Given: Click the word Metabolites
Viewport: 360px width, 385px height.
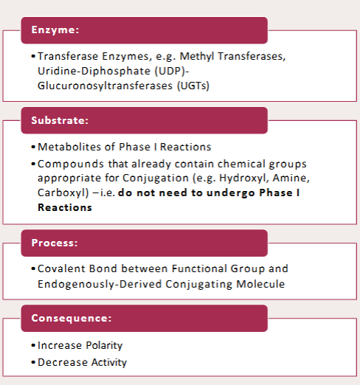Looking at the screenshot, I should tap(63, 147).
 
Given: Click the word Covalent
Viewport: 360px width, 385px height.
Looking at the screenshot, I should tap(59, 269).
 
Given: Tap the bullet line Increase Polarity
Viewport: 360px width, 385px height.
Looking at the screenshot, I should tap(80, 345).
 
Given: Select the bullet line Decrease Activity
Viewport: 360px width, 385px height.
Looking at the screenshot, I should tap(82, 362).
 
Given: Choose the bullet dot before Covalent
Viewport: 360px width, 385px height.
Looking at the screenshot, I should tap(33, 269).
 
